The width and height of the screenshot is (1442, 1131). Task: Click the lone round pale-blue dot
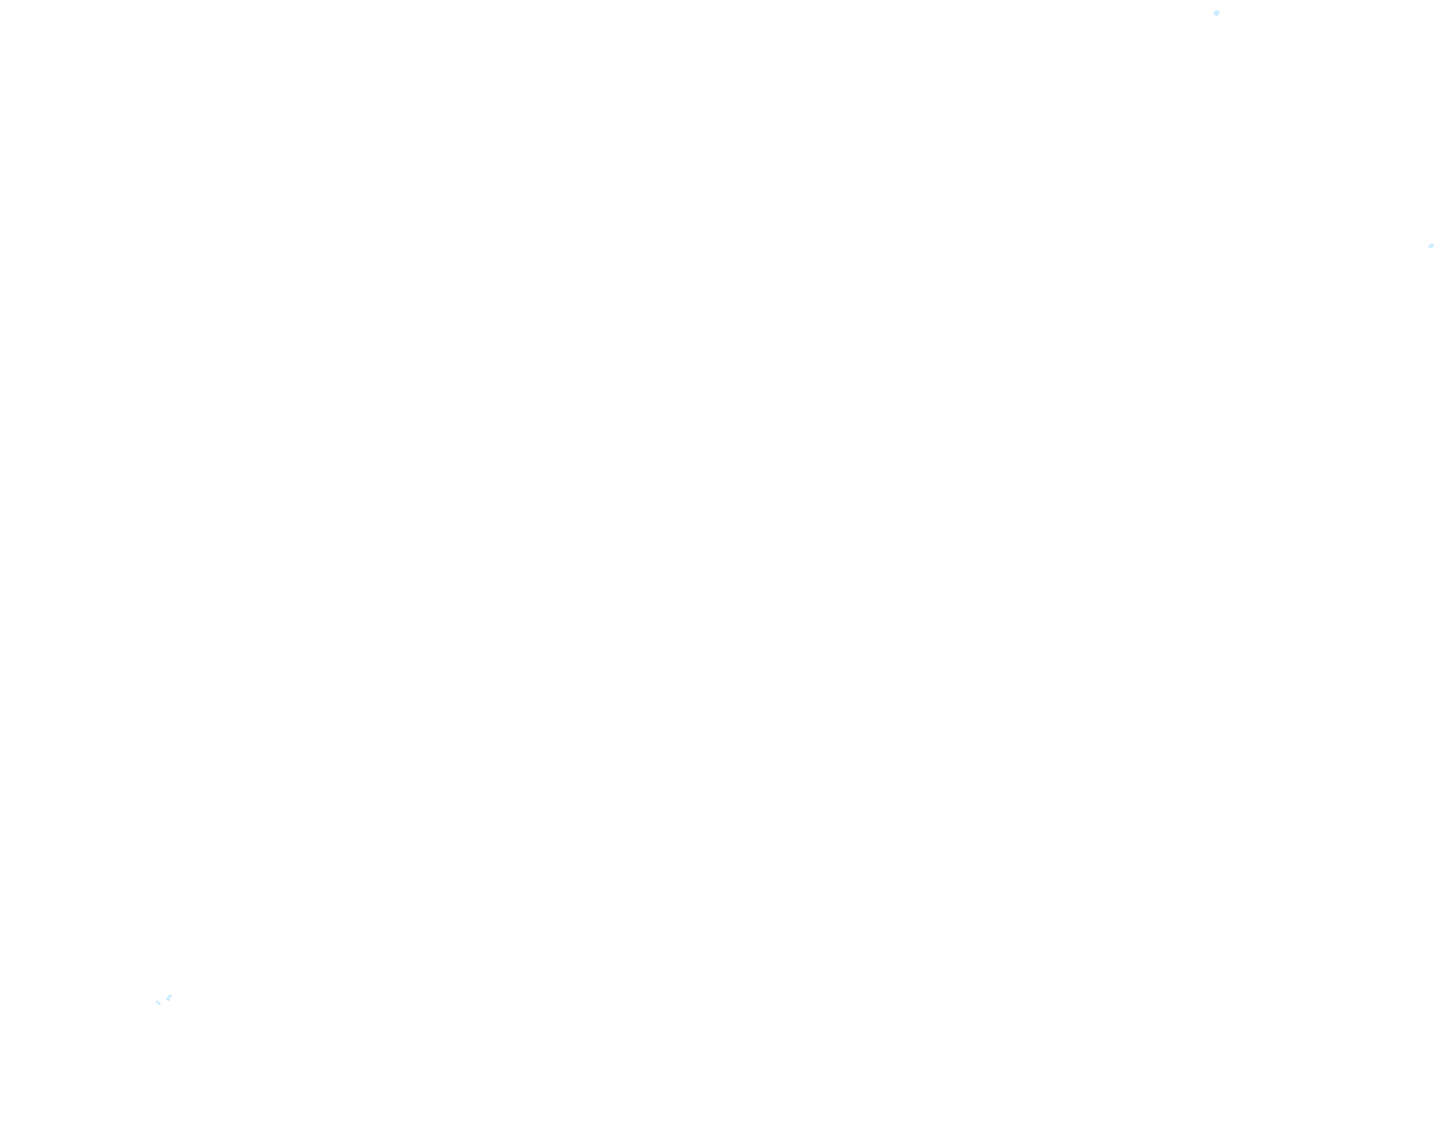[1216, 13]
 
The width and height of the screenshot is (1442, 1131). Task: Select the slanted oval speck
[1431, 246]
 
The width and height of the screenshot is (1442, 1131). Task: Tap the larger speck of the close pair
[168, 998]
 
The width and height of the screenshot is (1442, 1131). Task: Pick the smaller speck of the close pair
[158, 1002]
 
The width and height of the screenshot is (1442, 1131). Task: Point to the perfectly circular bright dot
[1216, 13]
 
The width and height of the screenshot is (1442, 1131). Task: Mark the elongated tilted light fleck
[1431, 246]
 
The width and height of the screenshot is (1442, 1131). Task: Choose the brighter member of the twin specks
[168, 998]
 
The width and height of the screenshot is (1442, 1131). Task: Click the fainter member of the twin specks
[158, 1002]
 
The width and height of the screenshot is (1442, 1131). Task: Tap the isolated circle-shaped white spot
[1216, 13]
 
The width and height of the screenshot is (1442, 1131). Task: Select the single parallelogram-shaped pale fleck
[1431, 246]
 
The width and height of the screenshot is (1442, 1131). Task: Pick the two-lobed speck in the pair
[168, 998]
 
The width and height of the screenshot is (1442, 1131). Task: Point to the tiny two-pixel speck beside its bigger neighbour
[158, 1002]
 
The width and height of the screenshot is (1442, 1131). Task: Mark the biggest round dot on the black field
[1216, 13]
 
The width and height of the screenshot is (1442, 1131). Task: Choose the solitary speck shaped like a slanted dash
[1431, 246]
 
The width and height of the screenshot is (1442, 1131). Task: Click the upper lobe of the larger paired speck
[169, 996]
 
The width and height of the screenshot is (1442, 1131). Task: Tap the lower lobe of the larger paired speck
[168, 999]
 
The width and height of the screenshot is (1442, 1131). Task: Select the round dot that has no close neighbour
[1216, 13]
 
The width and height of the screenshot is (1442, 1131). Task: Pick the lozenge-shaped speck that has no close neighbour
[1431, 246]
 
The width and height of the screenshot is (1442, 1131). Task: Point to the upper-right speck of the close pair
[168, 998]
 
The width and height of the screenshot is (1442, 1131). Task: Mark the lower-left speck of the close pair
[158, 1002]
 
